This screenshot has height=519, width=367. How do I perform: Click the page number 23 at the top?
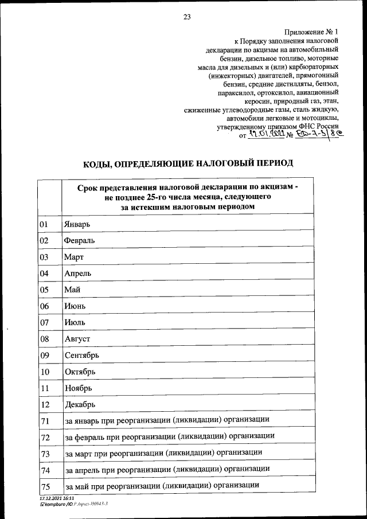(x=187, y=17)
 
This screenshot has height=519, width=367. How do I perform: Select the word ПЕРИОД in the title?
(x=269, y=163)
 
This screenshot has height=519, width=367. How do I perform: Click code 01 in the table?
(x=44, y=224)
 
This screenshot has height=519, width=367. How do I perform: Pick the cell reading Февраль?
(x=80, y=240)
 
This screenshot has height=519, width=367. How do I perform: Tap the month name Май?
(x=72, y=290)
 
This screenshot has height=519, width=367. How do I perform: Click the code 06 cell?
(x=44, y=306)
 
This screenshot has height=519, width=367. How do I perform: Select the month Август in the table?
(x=77, y=339)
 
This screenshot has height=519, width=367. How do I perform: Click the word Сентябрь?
(x=82, y=356)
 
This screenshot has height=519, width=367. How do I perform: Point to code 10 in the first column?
(x=44, y=372)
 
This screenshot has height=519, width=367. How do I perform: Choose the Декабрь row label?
(x=80, y=405)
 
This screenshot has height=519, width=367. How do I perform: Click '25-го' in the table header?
(x=157, y=197)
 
